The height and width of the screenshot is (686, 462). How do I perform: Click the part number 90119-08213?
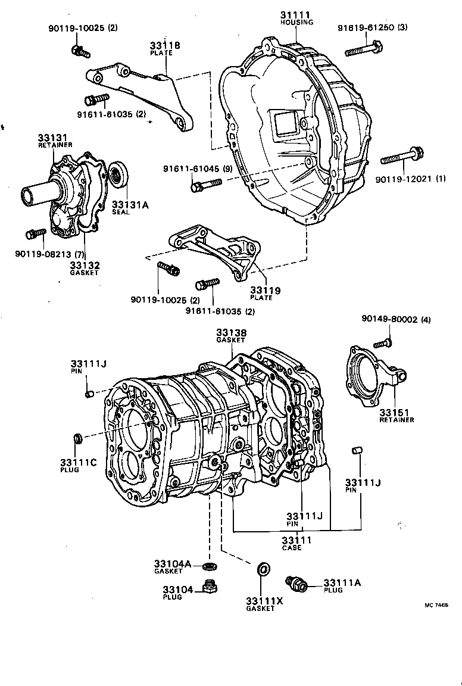(x=40, y=254)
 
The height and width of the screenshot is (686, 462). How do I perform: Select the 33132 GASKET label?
(x=84, y=269)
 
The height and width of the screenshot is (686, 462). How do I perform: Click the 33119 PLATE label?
(x=266, y=294)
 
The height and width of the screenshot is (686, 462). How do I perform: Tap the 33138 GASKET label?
(x=230, y=336)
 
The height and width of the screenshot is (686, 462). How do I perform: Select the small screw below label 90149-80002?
(x=382, y=342)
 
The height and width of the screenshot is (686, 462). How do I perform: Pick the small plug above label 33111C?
(x=77, y=439)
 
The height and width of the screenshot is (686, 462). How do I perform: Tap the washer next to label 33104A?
(x=209, y=564)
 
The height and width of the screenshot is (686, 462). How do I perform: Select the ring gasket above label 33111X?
(x=262, y=569)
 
